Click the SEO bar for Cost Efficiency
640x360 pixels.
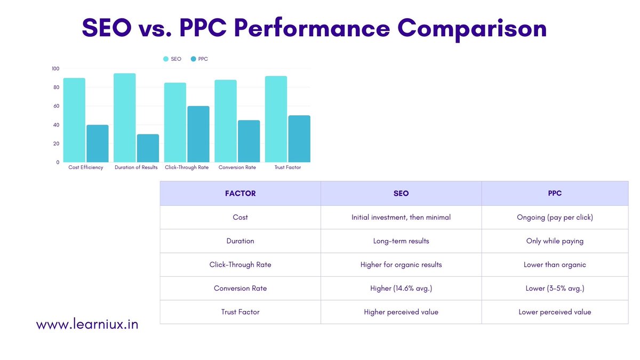(x=74, y=121)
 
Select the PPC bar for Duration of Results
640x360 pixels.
(x=148, y=148)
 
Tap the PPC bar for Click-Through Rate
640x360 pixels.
(x=198, y=134)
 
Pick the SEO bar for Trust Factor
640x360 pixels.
(x=276, y=119)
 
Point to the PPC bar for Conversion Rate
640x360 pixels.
(x=249, y=141)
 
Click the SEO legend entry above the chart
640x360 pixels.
(x=172, y=59)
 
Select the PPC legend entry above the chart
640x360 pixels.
(x=199, y=59)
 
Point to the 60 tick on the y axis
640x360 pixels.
(x=56, y=106)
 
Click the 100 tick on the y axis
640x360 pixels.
(x=55, y=69)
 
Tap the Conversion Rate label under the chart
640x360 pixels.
(x=237, y=167)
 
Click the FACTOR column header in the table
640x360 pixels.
(x=240, y=194)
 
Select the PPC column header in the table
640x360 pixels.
(x=555, y=194)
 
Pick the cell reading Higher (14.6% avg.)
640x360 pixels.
(x=401, y=288)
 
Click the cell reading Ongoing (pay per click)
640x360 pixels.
(x=555, y=218)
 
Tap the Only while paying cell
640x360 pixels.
(x=555, y=241)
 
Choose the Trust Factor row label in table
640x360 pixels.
(x=240, y=312)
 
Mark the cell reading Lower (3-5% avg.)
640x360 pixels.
(x=555, y=288)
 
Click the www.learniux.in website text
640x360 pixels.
(x=87, y=324)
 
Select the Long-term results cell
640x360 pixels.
(x=401, y=241)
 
